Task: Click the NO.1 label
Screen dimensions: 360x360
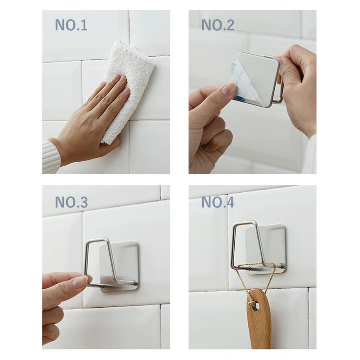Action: click(x=71, y=26)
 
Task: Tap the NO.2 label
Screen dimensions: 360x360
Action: click(x=218, y=25)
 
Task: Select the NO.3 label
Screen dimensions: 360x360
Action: click(x=71, y=203)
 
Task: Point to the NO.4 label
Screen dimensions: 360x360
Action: click(x=218, y=203)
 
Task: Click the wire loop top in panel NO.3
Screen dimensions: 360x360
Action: click(x=97, y=240)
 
